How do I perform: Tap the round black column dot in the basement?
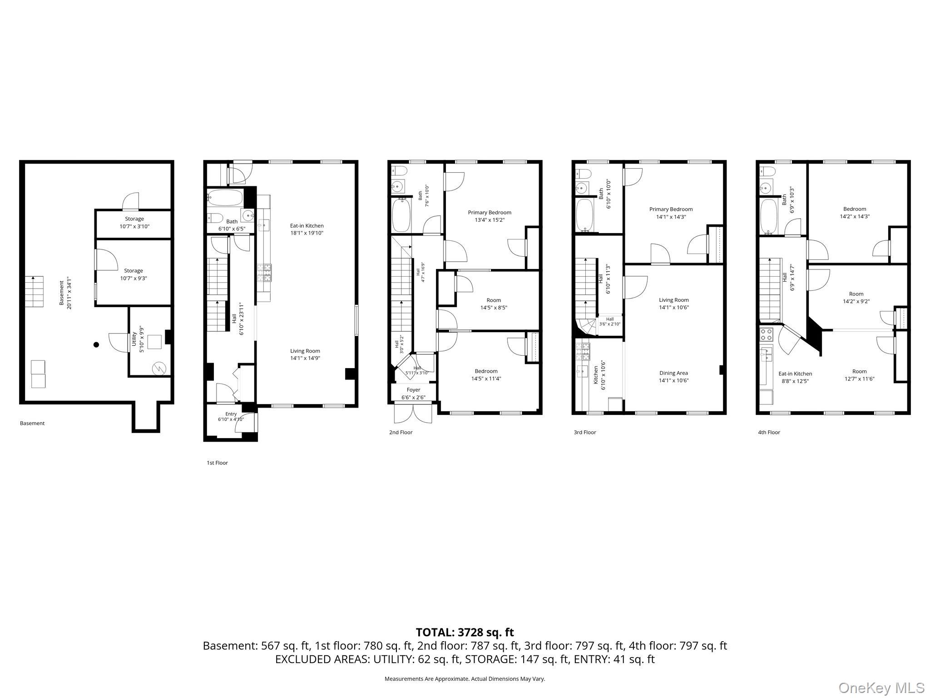96,345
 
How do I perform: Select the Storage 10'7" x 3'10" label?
134,223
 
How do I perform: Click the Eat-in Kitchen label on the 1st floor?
307,229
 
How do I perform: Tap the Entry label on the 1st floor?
231,416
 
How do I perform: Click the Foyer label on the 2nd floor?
414,394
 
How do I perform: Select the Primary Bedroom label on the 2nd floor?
490,216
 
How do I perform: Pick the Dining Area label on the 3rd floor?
674,377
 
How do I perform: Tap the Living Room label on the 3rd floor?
674,304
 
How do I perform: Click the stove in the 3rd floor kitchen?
583,349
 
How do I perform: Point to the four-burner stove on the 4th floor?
767,334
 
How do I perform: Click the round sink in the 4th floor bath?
766,187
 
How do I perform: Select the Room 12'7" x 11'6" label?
859,375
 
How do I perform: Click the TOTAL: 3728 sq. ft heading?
465,632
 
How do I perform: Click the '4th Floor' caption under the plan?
769,432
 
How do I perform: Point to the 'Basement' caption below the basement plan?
32,423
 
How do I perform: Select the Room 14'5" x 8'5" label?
494,304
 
